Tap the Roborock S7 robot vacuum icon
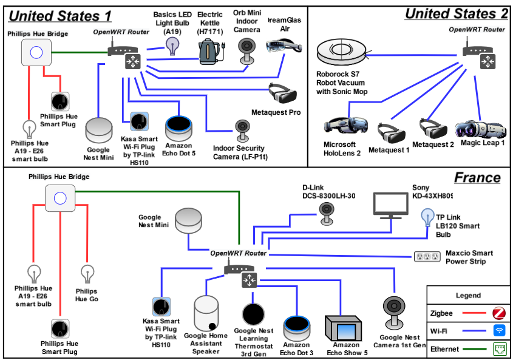pyautogui.click(x=342, y=53)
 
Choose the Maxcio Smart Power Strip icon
pyautogui.click(x=427, y=257)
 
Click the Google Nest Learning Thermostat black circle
pyautogui.click(x=253, y=313)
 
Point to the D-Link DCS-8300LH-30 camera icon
pyautogui.click(x=328, y=210)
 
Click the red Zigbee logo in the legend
pyautogui.click(x=498, y=314)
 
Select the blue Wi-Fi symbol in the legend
pyautogui.click(x=498, y=331)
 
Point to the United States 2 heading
pyautogui.click(x=456, y=13)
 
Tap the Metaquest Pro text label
pyautogui.click(x=276, y=112)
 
